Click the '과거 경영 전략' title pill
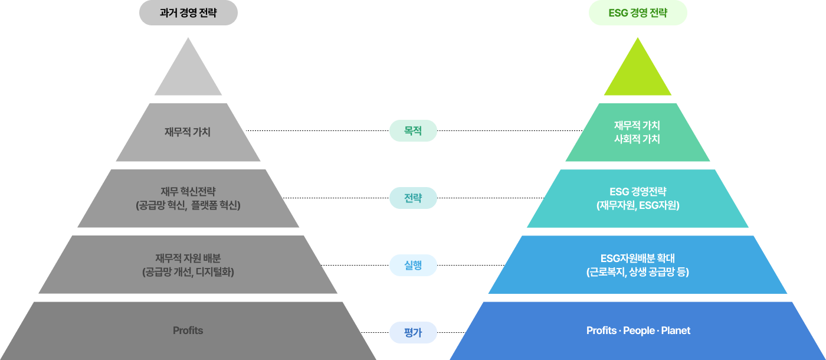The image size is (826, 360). pyautogui.click(x=188, y=13)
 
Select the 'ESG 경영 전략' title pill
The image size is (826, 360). pyautogui.click(x=638, y=13)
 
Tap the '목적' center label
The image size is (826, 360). pyautogui.click(x=413, y=130)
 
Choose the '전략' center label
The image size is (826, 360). pyautogui.click(x=413, y=198)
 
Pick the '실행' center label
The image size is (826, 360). pyautogui.click(x=413, y=265)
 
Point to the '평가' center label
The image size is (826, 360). pyautogui.click(x=413, y=332)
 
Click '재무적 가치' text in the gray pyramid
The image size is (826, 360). pyautogui.click(x=188, y=132)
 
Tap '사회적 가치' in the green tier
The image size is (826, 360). pyautogui.click(x=637, y=139)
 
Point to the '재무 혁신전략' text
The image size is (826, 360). pyautogui.click(x=188, y=191)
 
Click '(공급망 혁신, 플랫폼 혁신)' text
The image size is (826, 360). pyautogui.click(x=188, y=205)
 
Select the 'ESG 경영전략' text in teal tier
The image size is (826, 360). pyautogui.click(x=637, y=191)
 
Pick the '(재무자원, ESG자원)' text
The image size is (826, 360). pyautogui.click(x=637, y=205)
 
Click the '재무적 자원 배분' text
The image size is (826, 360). pyautogui.click(x=188, y=258)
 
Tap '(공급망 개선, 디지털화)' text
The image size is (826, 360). pyautogui.click(x=188, y=272)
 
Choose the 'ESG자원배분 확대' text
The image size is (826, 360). pyautogui.click(x=637, y=258)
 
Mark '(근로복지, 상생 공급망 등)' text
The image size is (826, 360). pyautogui.click(x=637, y=272)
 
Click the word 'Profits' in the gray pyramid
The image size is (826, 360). pyautogui.click(x=188, y=330)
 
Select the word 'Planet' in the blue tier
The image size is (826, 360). pyautogui.click(x=676, y=330)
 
